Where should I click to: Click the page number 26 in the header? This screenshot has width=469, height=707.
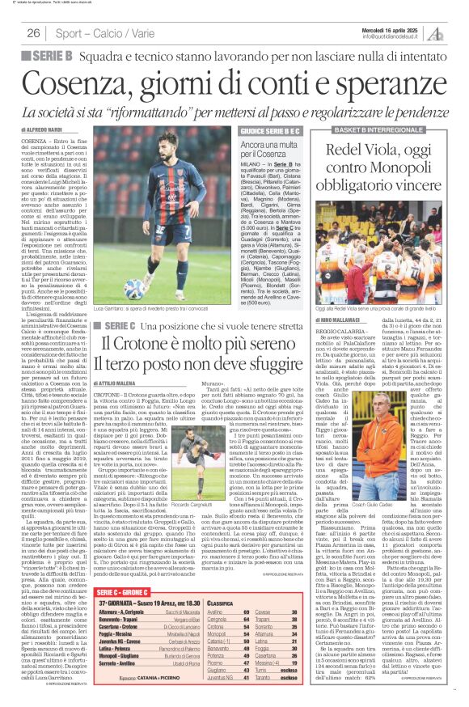(x=33, y=33)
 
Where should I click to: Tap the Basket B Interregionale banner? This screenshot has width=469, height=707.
(x=378, y=129)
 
